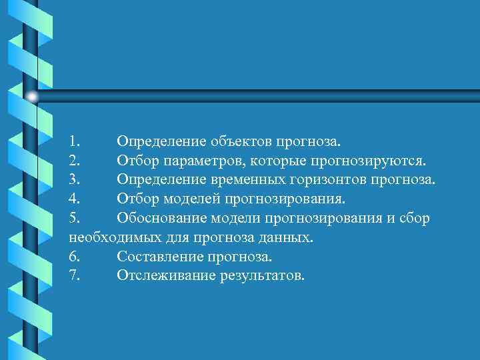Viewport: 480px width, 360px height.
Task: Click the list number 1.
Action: (x=74, y=141)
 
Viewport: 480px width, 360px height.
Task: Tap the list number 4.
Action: (x=74, y=199)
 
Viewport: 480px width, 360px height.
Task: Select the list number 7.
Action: (x=74, y=275)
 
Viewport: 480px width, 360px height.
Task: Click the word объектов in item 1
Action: (x=237, y=141)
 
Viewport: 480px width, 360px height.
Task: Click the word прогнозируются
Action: (x=368, y=161)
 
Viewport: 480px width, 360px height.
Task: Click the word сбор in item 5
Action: (x=415, y=218)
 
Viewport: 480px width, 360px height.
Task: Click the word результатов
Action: (x=261, y=275)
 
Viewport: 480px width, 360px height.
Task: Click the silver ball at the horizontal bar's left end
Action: (x=32, y=97)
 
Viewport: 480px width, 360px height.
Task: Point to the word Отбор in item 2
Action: (x=136, y=161)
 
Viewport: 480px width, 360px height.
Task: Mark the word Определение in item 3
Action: (x=162, y=180)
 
